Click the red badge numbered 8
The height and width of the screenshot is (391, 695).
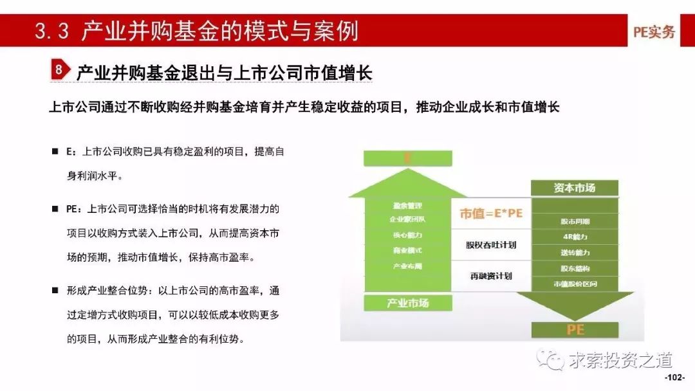59,70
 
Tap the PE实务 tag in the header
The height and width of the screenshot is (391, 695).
654,32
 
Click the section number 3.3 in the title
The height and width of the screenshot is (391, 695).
52,31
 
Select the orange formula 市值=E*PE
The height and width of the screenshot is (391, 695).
490,214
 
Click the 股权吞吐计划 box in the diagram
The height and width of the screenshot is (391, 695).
490,245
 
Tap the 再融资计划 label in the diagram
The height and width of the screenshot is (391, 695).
490,276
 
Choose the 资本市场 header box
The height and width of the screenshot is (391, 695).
574,188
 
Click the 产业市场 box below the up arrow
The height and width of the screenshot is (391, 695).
407,302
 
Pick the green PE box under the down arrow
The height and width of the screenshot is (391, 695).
575,329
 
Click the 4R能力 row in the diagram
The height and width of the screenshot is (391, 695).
575,237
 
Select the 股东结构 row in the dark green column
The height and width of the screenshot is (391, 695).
575,268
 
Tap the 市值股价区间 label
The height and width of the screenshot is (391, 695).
575,284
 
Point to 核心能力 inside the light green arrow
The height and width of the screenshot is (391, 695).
407,235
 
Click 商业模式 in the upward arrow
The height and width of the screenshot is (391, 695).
407,250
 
